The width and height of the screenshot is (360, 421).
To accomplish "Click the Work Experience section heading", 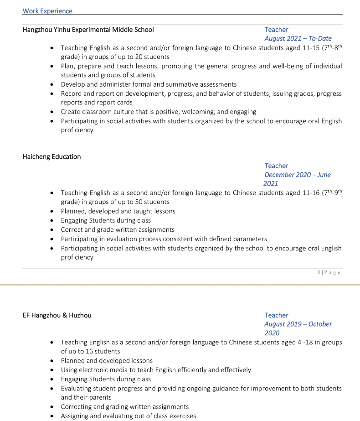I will click(47, 11).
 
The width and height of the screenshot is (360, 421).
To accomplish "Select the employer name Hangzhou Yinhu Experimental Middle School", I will click(88, 30).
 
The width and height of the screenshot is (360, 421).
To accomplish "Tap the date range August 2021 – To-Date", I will click(298, 39).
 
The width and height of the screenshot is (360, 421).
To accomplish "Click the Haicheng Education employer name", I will click(51, 157).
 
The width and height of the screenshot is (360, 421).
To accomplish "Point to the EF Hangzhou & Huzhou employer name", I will click(57, 315).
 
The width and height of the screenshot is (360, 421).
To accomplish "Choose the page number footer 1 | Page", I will click(329, 273).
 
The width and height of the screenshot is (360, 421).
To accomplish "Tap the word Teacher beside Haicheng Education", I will click(276, 166).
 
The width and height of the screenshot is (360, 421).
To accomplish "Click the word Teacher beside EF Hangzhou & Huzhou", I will click(276, 315).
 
